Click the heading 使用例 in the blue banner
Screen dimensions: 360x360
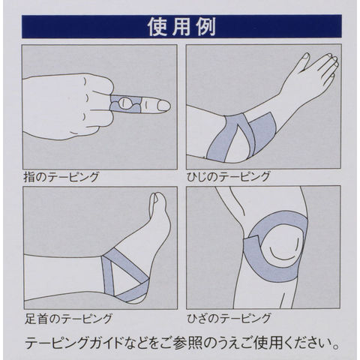(x=181, y=27)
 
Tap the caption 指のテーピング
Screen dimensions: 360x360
(x=61, y=177)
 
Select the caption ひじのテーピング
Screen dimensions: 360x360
(x=229, y=176)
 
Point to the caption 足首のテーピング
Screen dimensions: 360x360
(x=68, y=318)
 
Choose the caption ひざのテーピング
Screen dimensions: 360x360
(x=229, y=318)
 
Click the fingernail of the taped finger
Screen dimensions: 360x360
(x=163, y=106)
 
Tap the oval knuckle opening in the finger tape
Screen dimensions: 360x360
(x=126, y=103)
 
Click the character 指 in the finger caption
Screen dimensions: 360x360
(x=29, y=177)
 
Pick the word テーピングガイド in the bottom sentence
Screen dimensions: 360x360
(x=74, y=343)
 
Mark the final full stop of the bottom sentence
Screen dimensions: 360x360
(x=337, y=347)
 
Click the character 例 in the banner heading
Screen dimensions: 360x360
(x=206, y=27)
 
